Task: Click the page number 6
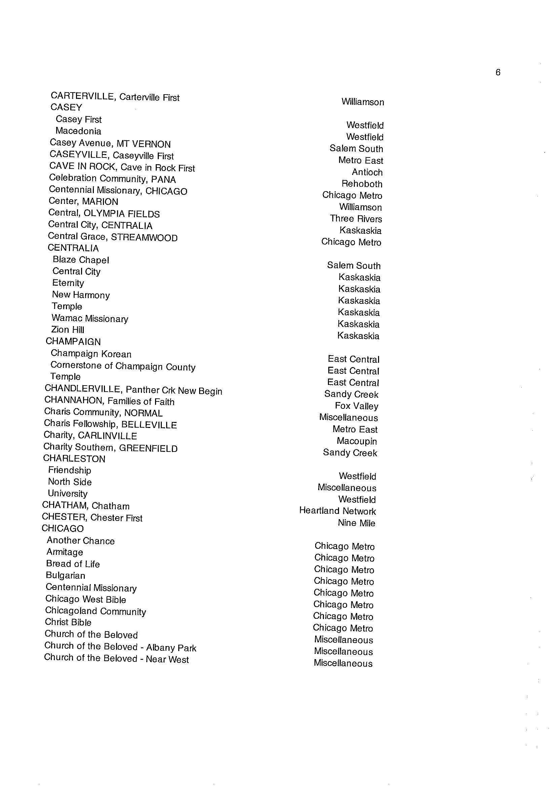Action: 498,72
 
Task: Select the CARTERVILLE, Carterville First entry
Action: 115,97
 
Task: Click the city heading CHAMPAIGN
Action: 73,342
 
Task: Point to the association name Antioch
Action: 367,172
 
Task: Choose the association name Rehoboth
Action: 362,184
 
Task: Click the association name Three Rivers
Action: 356,219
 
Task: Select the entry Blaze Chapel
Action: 81,260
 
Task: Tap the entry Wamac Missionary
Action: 90,319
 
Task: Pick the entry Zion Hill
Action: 68,330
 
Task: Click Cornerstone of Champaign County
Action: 123,366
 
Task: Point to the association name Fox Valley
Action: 356,406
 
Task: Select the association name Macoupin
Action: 357,441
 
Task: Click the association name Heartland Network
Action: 337,511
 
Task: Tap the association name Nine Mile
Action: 356,523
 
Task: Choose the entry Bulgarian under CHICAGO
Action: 66,575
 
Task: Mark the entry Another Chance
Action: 81,541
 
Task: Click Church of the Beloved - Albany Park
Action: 120,647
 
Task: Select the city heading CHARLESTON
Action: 74,459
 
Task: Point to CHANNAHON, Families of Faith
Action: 109,401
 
